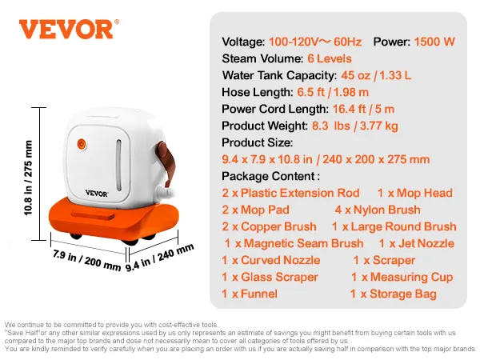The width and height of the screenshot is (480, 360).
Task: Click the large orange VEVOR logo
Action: coord(66,30)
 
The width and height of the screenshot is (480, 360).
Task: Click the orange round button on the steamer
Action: coord(81,145)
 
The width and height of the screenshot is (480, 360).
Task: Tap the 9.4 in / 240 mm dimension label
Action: coord(160,258)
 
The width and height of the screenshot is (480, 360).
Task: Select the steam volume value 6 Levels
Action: coord(329,58)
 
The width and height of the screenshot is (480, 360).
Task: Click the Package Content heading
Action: coord(270,176)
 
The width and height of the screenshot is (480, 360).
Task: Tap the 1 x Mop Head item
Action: coord(414,193)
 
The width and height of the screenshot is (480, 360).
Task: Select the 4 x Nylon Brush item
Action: coord(378,210)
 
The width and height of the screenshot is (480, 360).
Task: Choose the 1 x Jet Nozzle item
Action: coord(416,243)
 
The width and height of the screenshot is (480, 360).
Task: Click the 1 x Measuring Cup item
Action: coord(402,277)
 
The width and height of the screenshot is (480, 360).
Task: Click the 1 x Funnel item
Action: coord(250,294)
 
